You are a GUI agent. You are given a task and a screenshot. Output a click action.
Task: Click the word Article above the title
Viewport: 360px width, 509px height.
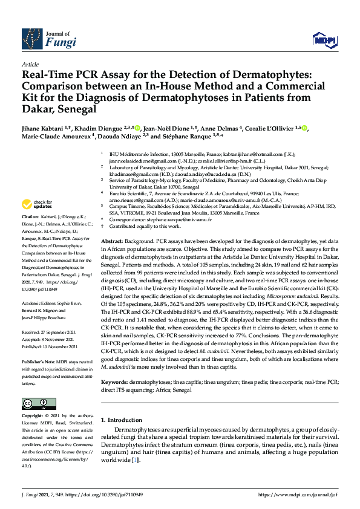(30, 64)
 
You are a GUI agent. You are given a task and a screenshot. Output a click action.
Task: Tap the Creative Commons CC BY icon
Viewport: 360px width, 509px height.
(34, 403)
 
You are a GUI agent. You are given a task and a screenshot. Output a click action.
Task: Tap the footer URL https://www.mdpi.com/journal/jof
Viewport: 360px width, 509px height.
(298, 494)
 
